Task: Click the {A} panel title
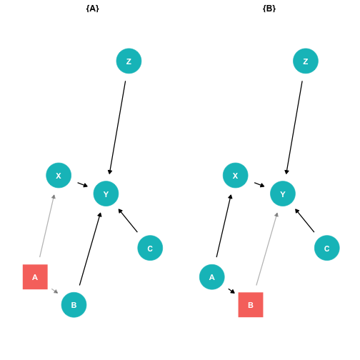[x=92, y=9]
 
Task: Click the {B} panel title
[x=269, y=9]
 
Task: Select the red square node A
[x=35, y=277]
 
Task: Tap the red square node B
[x=251, y=305]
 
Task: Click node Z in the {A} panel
[x=129, y=61]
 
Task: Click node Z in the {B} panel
[x=306, y=61]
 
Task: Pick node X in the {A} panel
[x=59, y=176]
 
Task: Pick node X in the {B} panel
[x=235, y=176]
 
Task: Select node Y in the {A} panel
[x=106, y=194]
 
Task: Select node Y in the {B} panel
[x=283, y=194]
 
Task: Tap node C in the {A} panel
[x=150, y=248]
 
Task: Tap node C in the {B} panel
[x=327, y=248]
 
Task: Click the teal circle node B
[x=74, y=305]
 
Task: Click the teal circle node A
[x=212, y=277]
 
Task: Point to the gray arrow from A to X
[x=47, y=226]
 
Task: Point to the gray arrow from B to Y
[x=267, y=249]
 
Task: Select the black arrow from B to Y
[x=91, y=249]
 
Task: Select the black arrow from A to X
[x=224, y=226]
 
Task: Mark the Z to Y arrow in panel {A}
[x=117, y=128]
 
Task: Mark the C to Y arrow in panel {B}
[x=304, y=220]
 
